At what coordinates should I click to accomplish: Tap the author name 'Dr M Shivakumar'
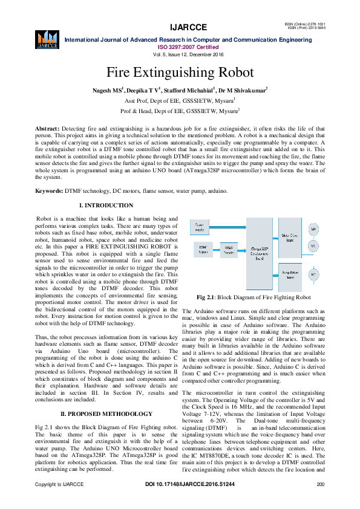[x=241, y=90]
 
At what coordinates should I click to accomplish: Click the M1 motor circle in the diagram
[x=313, y=230]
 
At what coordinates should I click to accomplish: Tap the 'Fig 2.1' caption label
[x=208, y=297]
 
